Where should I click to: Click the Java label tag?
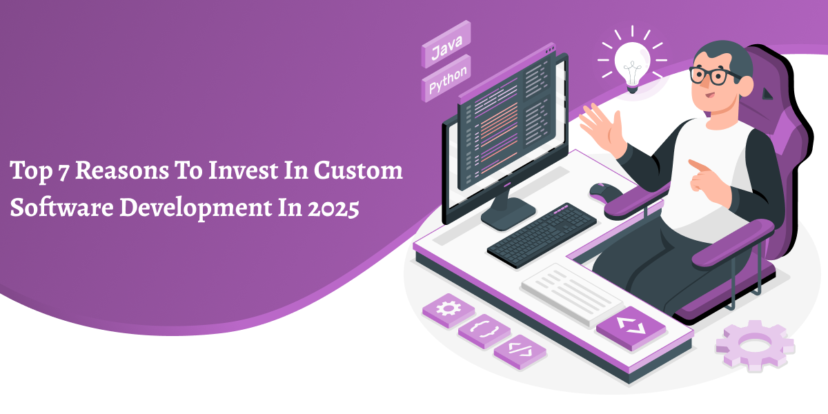click(446, 44)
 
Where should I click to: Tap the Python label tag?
click(446, 79)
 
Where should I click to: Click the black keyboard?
click(542, 235)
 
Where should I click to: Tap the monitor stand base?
click(508, 215)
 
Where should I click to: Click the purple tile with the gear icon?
click(448, 310)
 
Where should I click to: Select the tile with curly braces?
click(484, 331)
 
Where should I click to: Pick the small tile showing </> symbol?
click(520, 351)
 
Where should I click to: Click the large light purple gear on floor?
click(755, 346)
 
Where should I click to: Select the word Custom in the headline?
click(358, 171)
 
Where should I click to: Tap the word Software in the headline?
click(61, 208)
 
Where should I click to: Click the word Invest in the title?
click(243, 171)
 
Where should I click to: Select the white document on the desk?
click(572, 294)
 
